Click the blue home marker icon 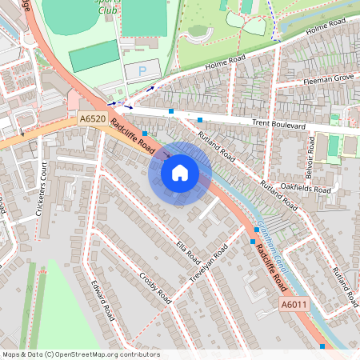pos(180,173)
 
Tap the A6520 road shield pos(92,118)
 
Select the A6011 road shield pos(293,305)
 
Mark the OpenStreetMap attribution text pos(81,354)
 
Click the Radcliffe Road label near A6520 pos(133,138)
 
